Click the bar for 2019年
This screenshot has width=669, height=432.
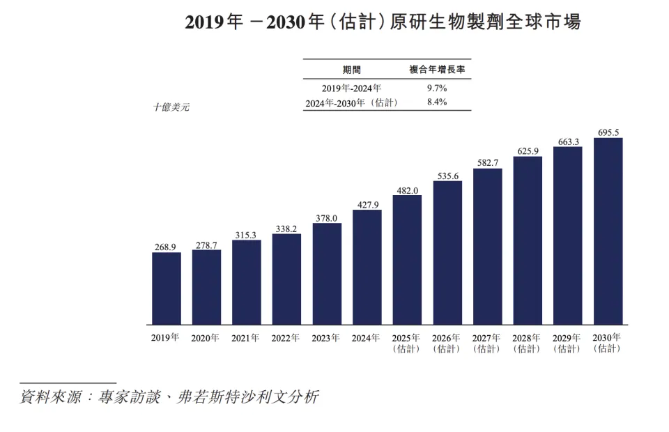(x=167, y=288)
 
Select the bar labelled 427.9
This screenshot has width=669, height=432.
(x=367, y=267)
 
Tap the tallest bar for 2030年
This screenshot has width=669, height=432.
(x=608, y=231)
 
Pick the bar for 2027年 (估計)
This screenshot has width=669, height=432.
(x=487, y=247)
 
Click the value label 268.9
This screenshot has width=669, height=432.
(x=167, y=247)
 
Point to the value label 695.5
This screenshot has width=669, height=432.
(x=608, y=132)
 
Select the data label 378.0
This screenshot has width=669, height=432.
(x=327, y=217)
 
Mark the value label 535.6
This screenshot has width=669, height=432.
(x=447, y=176)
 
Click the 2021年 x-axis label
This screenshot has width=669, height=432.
(x=246, y=338)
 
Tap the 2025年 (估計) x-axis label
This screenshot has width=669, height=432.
(x=406, y=343)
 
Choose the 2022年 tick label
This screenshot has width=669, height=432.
(x=286, y=338)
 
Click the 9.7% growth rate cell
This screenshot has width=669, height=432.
(x=436, y=88)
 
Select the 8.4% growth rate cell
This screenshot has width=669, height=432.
(x=436, y=102)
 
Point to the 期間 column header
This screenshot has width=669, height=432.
(x=352, y=70)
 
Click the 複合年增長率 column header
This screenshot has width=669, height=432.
(x=437, y=70)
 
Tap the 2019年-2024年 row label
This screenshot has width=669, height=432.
(x=352, y=88)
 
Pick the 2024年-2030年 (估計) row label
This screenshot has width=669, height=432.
(x=352, y=102)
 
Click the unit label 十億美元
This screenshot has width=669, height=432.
(x=171, y=107)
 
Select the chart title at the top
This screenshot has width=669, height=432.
(x=382, y=22)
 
